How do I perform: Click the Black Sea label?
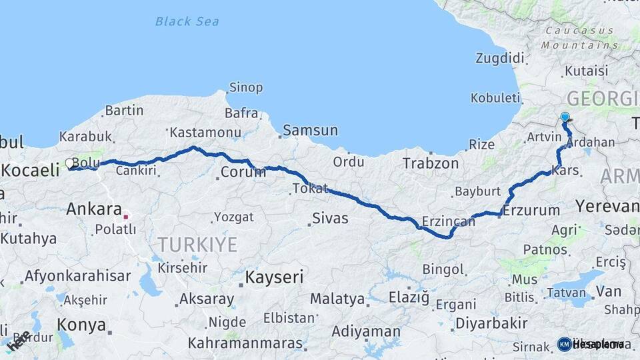click(x=187, y=21)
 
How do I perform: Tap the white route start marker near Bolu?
click(x=69, y=163)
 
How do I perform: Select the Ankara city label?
click(x=94, y=209)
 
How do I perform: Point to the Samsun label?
click(x=310, y=131)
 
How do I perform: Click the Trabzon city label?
click(x=431, y=163)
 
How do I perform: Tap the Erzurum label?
click(x=531, y=210)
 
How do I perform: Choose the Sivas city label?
click(x=330, y=218)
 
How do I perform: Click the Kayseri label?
click(x=275, y=275)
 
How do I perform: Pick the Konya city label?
click(x=81, y=325)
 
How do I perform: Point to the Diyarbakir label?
click(x=491, y=324)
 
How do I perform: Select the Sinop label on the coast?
click(x=246, y=87)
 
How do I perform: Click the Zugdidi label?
click(x=500, y=58)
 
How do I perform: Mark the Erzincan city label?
click(x=449, y=221)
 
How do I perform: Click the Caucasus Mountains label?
click(x=579, y=38)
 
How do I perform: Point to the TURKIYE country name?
click(x=197, y=245)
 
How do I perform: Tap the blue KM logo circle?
click(x=564, y=344)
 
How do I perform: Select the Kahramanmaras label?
click(x=246, y=343)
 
